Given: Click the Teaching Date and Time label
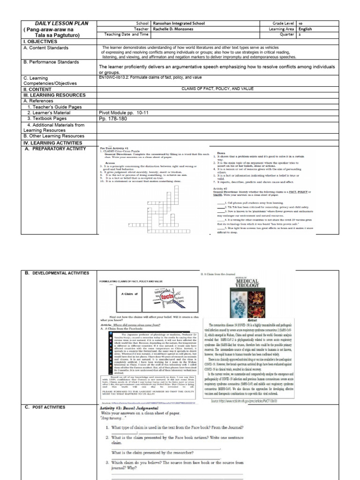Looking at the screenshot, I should click(127, 34).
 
